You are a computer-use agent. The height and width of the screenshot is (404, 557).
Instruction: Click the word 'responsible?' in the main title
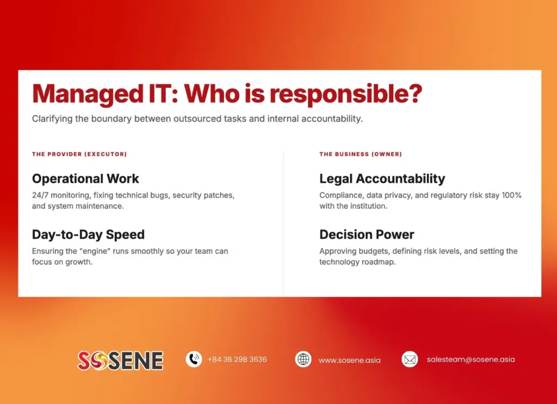346,95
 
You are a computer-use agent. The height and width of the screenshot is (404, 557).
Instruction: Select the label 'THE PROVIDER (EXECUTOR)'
79,154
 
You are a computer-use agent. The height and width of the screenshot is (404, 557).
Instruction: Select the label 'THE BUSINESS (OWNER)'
361,154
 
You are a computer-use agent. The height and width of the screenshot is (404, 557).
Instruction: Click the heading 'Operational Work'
85,179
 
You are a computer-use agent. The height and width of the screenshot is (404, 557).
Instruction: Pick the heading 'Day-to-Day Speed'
88,235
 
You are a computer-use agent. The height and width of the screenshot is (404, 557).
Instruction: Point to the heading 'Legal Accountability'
382,179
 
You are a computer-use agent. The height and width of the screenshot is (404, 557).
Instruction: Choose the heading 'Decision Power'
367,235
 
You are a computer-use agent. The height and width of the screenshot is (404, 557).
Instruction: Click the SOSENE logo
120,360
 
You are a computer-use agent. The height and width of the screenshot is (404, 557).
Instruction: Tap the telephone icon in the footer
194,359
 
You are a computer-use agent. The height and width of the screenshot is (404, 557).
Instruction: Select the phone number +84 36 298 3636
237,359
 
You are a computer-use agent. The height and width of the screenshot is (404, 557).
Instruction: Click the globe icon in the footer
303,359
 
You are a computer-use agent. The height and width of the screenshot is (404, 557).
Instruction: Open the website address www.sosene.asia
349,360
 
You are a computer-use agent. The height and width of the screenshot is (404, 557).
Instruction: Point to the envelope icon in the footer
410,359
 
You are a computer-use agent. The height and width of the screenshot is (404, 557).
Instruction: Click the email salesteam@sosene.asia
471,359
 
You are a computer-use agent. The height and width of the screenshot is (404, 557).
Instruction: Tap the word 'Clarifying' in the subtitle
52,119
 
